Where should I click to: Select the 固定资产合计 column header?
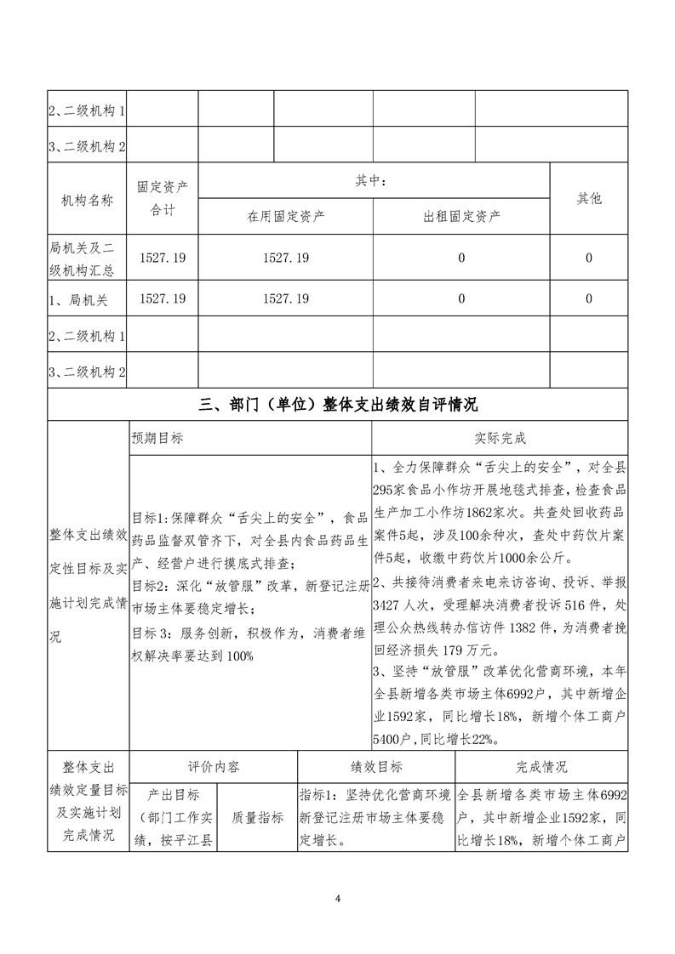tap(163, 198)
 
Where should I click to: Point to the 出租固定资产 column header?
tap(461, 216)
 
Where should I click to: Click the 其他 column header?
tap(589, 198)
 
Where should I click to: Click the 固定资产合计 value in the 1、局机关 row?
tap(163, 298)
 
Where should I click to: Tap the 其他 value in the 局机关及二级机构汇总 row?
tap(589, 258)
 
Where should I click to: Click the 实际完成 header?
tap(501, 439)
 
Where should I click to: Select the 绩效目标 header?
tap(377, 766)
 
